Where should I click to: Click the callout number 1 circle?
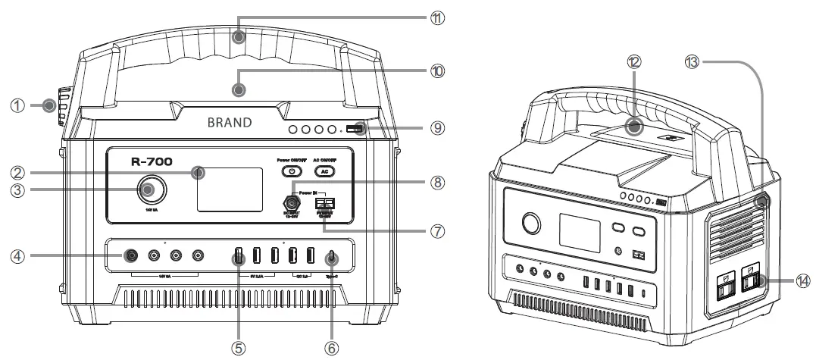[17, 106]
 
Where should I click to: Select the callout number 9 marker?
[436, 128]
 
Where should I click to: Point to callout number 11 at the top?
[436, 17]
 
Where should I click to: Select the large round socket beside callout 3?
[149, 189]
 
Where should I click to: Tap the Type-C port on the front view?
[330, 257]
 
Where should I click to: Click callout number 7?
[436, 230]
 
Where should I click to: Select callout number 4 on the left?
[17, 257]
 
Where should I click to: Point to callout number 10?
[436, 71]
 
